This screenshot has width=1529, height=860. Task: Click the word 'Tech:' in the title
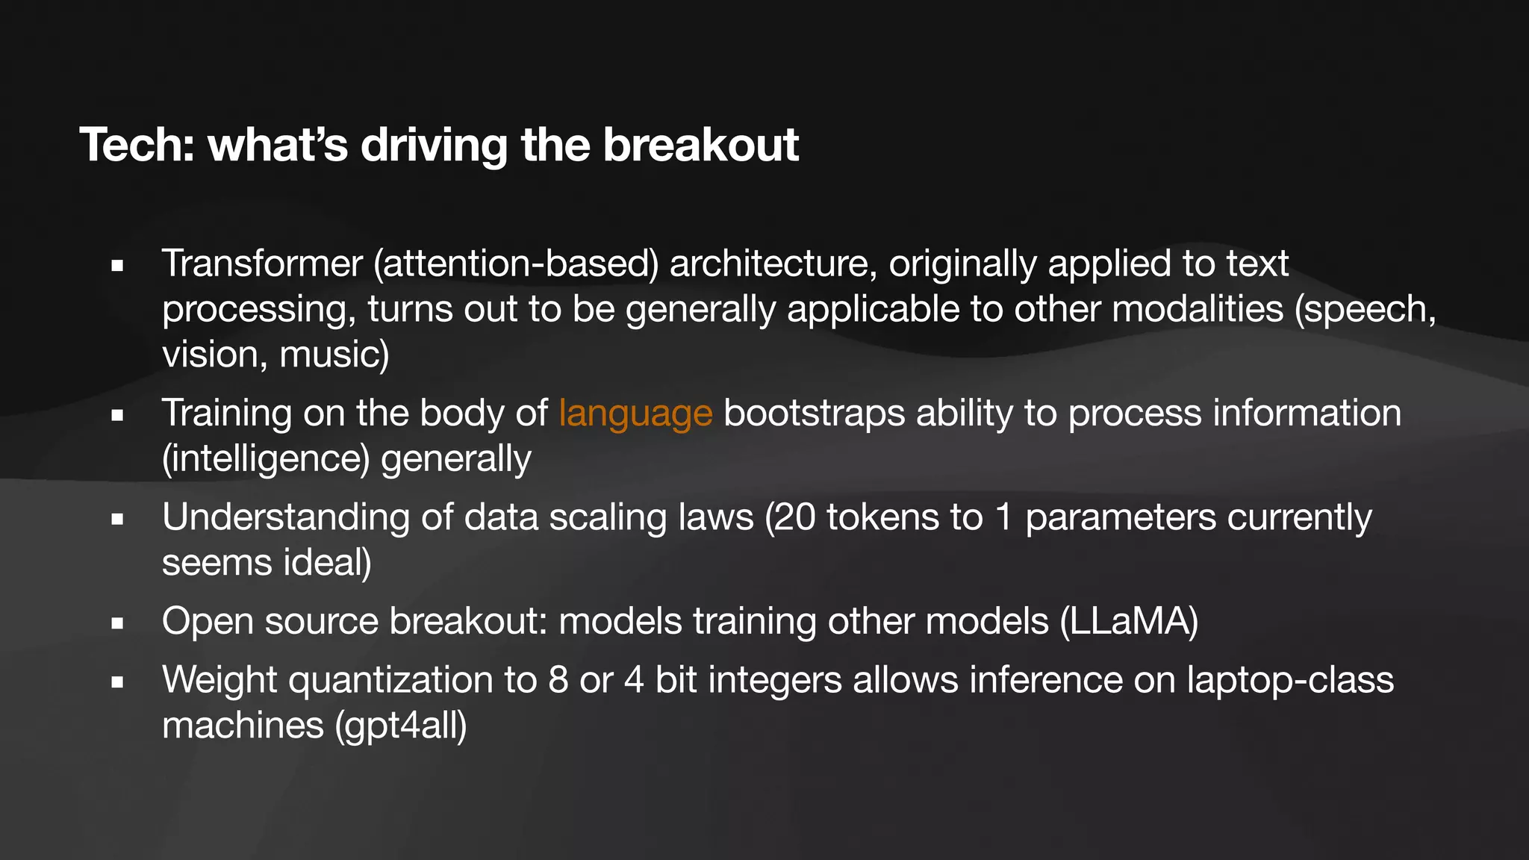coord(137,145)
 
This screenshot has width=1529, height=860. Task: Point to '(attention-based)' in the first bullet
coord(516,264)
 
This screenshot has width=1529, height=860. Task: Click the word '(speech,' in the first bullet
coord(1365,310)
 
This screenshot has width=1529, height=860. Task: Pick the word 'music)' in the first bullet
coord(334,355)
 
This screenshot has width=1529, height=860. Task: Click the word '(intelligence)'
coord(266,458)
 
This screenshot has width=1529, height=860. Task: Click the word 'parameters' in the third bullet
coord(1121,517)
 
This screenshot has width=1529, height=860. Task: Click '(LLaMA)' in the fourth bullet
coord(1129,621)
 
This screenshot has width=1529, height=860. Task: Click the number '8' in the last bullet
coord(558,680)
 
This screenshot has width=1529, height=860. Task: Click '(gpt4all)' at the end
coord(401,726)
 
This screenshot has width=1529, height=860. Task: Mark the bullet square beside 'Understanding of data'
coord(117,519)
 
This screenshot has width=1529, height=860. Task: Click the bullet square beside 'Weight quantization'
coord(117,682)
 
